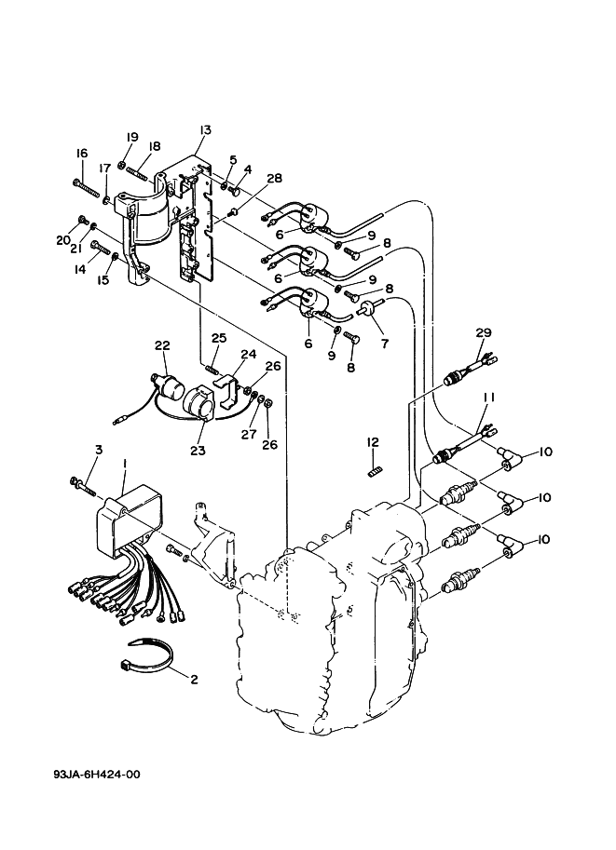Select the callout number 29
pyautogui.click(x=483, y=332)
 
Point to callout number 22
pyautogui.click(x=162, y=345)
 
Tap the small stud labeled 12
pyautogui.click(x=374, y=473)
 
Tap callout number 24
pyautogui.click(x=248, y=354)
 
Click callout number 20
pyautogui.click(x=62, y=240)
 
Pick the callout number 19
pyautogui.click(x=132, y=137)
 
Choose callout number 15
pyautogui.click(x=104, y=279)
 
